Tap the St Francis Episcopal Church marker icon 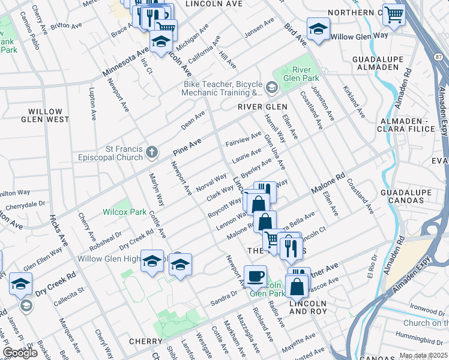[x=152, y=154]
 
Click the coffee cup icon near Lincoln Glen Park [x=256, y=277]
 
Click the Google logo [x=20, y=353]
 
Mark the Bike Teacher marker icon [x=271, y=89]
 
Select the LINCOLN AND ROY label [x=308, y=308]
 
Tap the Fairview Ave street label [x=243, y=140]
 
